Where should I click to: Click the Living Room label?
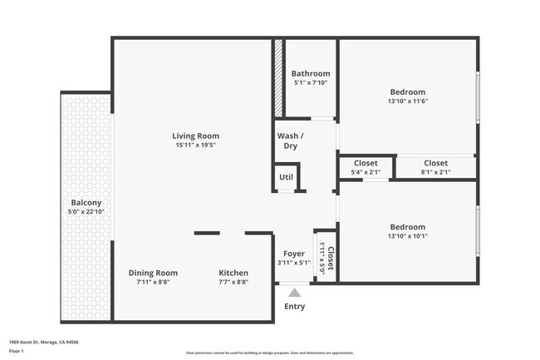[x=195, y=136]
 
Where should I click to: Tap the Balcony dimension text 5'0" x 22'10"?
[x=86, y=212]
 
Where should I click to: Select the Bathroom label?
[x=311, y=73]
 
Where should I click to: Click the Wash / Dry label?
[x=290, y=141]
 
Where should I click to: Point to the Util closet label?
[x=286, y=177]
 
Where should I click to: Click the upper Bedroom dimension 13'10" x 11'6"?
[x=407, y=101]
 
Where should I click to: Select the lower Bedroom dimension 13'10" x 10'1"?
[x=407, y=236]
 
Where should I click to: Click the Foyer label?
[x=294, y=254]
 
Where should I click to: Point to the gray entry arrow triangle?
[x=294, y=292]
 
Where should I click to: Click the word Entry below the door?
[x=294, y=306]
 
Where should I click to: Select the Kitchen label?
[x=233, y=273]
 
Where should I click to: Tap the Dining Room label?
[x=153, y=273]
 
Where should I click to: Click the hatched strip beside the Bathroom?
[x=279, y=78]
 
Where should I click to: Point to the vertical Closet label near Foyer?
[x=330, y=258]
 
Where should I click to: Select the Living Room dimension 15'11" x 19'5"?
[x=195, y=145]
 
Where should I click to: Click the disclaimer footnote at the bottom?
[x=271, y=353]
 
